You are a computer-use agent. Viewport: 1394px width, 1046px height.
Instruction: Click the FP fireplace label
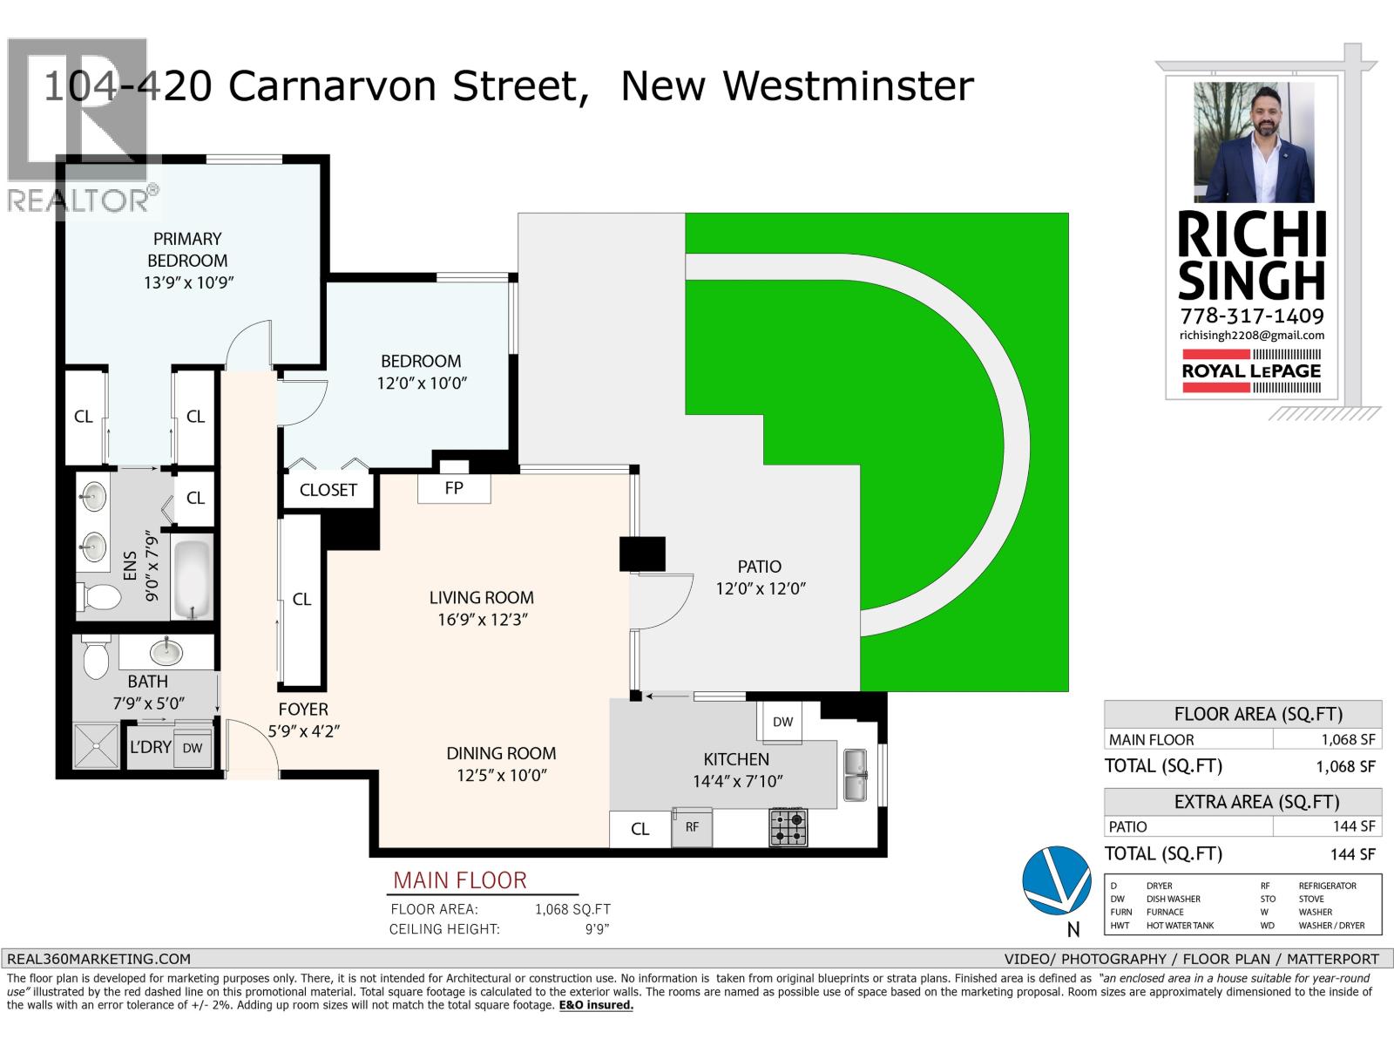pos(453,488)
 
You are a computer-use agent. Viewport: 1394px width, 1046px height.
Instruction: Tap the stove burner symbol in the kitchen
pos(788,827)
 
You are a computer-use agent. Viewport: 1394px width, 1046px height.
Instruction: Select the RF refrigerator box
pos(692,827)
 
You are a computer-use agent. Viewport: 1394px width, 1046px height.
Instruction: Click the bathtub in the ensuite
pos(192,579)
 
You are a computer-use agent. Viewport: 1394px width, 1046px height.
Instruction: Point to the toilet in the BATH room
pos(97,656)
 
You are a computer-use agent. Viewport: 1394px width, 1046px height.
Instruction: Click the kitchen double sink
pos(855,775)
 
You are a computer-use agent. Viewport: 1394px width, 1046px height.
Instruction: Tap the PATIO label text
pos(760,567)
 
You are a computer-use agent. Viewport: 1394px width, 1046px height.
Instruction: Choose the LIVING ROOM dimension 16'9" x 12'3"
pos(483,619)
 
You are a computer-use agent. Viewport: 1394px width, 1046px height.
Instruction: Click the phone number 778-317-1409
pos(1252,316)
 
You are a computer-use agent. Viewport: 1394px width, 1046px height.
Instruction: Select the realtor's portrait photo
pos(1254,142)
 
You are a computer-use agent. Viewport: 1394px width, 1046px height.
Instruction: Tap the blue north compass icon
pos(1056,880)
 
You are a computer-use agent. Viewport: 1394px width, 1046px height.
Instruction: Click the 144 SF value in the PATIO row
pos(1353,826)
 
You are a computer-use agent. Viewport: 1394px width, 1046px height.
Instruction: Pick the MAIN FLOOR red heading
pos(460,880)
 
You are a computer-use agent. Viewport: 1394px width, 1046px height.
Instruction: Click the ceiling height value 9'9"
pos(597,929)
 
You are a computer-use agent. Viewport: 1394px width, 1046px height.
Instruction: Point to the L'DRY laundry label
pos(151,747)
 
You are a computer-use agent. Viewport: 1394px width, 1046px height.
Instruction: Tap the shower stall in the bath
pos(96,746)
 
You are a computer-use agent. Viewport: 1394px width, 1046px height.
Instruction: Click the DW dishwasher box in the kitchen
pos(782,722)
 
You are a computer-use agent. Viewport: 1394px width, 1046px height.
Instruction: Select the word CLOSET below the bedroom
pos(328,490)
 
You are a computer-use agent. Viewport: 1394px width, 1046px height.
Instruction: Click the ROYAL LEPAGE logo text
pos(1251,371)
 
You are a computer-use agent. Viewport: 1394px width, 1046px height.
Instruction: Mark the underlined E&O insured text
pos(596,1005)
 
